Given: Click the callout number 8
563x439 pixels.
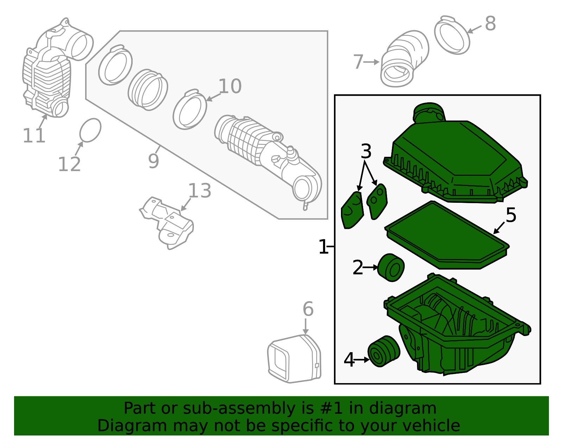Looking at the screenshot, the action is pyautogui.click(x=490, y=24).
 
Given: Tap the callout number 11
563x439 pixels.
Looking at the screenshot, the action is pyautogui.click(x=34, y=136).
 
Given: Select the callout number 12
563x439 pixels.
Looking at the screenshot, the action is pyautogui.click(x=69, y=164).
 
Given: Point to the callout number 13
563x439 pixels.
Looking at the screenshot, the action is pyautogui.click(x=200, y=191).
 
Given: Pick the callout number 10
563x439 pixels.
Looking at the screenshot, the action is pyautogui.click(x=230, y=86).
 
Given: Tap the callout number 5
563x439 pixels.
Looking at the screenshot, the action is pyautogui.click(x=511, y=215).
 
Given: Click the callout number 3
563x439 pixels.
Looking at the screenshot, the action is pyautogui.click(x=366, y=151).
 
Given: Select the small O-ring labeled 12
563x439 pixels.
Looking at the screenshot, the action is pyautogui.click(x=90, y=130).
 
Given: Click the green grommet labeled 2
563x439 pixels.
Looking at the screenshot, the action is pyautogui.click(x=391, y=268).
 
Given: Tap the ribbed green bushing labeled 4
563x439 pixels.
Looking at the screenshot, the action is pyautogui.click(x=384, y=351).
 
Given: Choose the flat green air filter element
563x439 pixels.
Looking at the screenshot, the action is pyautogui.click(x=447, y=235).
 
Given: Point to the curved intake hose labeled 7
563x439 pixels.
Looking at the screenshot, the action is pyautogui.click(x=404, y=59).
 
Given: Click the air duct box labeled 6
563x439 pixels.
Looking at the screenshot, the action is pyautogui.click(x=294, y=359).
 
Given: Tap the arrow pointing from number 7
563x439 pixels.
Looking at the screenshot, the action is pyautogui.click(x=371, y=62).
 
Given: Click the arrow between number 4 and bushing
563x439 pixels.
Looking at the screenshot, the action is pyautogui.click(x=361, y=360).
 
